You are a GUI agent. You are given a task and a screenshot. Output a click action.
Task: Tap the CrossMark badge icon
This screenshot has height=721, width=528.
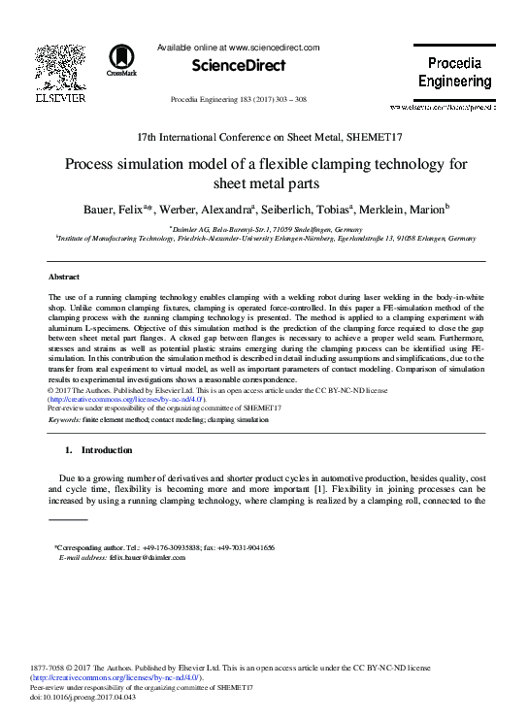[x=120, y=60]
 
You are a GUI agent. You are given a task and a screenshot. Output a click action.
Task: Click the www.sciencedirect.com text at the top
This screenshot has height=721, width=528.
[x=276, y=46]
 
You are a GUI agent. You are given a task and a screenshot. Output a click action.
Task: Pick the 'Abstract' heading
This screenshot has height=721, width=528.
[x=64, y=277]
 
